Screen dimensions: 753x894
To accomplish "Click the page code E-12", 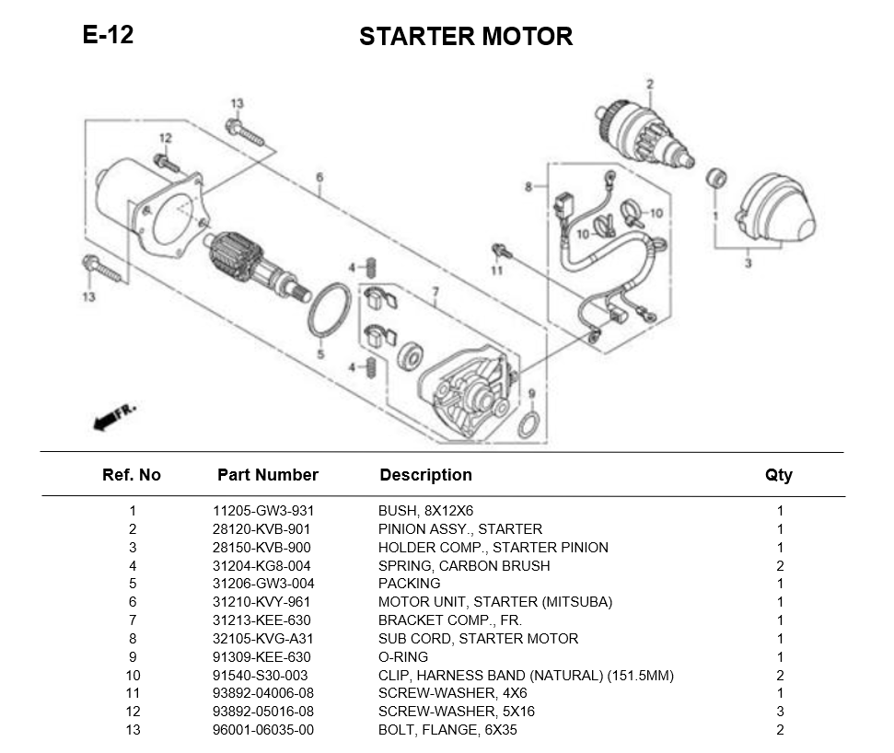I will (108, 35).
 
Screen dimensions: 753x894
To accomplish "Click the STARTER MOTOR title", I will (466, 37).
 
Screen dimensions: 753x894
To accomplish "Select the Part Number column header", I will (267, 475).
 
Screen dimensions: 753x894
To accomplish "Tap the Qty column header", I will (778, 475).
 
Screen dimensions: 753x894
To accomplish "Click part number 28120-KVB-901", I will (261, 529).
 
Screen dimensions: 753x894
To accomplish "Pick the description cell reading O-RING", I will (403, 657).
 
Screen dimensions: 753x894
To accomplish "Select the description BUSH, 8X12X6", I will (425, 511).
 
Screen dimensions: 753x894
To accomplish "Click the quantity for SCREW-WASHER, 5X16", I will (780, 712).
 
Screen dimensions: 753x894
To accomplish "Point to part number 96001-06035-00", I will (263, 730).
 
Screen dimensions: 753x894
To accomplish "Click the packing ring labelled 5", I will (329, 312).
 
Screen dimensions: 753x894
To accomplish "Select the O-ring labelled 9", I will (529, 426).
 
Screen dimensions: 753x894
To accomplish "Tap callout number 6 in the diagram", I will (319, 178).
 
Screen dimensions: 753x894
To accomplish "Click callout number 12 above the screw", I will (166, 138).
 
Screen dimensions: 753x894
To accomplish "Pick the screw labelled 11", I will (499, 249).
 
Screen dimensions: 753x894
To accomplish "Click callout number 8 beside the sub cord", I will (528, 187).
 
